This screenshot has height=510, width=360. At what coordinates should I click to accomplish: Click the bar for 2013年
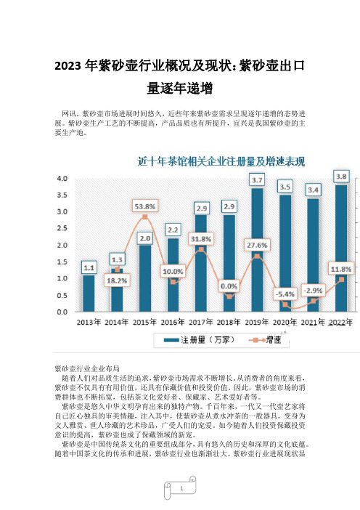click(x=89, y=294)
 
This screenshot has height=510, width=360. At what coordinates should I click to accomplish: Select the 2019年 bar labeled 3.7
click(x=257, y=250)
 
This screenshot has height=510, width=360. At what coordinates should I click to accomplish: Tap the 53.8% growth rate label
click(x=145, y=206)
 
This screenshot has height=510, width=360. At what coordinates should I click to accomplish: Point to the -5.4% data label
click(x=285, y=294)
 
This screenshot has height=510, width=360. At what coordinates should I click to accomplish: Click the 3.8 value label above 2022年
click(x=341, y=177)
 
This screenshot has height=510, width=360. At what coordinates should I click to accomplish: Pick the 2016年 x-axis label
click(x=173, y=322)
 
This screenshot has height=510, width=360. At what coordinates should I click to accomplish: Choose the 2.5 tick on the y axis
click(x=62, y=228)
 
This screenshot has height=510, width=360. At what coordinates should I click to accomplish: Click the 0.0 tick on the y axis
click(x=62, y=312)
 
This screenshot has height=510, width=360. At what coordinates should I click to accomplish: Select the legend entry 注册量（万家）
click(x=199, y=340)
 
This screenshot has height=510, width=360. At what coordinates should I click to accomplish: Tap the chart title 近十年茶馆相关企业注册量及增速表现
click(x=221, y=161)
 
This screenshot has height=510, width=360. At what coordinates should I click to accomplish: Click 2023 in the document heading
click(x=67, y=66)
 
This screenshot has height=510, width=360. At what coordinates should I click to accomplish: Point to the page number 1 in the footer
click(x=181, y=488)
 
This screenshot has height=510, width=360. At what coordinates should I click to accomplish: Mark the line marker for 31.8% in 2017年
click(x=201, y=249)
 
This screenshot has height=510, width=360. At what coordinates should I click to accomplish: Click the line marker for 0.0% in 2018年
click(x=229, y=296)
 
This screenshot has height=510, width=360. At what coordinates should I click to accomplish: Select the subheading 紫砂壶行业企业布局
click(x=87, y=368)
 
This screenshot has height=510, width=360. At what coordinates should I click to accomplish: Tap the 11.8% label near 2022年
click(x=341, y=269)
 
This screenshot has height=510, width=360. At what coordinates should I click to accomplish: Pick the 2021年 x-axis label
click(x=313, y=322)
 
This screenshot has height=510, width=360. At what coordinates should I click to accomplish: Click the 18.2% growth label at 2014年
click(x=117, y=280)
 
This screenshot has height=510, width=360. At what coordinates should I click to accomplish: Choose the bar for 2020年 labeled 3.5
click(x=285, y=254)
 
